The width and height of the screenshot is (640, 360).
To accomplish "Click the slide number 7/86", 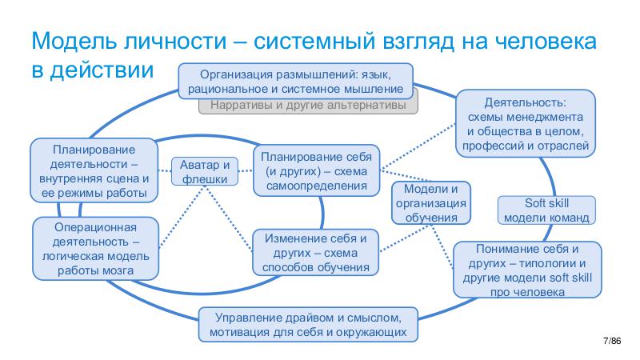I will coord(611,342).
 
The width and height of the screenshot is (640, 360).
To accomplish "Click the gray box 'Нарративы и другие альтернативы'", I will coord(308,106).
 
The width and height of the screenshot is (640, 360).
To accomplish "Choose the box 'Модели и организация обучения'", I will coord(431,202).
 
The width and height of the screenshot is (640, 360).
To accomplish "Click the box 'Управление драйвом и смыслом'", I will coord(308,324).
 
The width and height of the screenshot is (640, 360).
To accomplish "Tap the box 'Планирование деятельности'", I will coord(94,171).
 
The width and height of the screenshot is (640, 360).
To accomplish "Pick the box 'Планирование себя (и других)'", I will coord(317,170).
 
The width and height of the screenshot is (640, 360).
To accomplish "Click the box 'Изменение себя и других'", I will coord(315,253).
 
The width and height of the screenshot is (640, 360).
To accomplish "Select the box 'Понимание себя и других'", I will coord(526,270).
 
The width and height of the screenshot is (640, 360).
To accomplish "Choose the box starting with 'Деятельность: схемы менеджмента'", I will coord(526,124).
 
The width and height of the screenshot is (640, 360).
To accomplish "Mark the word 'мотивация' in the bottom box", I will coord(243,331).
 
